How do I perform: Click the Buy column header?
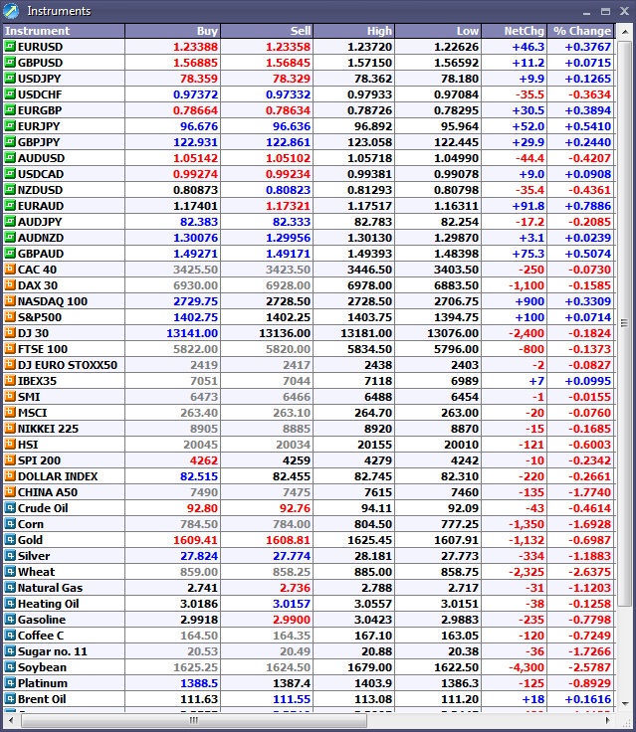[x=207, y=31]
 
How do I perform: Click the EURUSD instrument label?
[x=40, y=47]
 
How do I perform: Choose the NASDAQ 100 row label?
[x=53, y=301]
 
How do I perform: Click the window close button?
[x=622, y=11]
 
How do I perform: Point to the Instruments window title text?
[x=59, y=11]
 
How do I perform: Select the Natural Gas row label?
[x=50, y=588]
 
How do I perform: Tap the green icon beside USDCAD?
[x=10, y=174]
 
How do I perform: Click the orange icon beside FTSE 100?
[x=10, y=349]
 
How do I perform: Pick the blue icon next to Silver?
[x=10, y=556]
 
